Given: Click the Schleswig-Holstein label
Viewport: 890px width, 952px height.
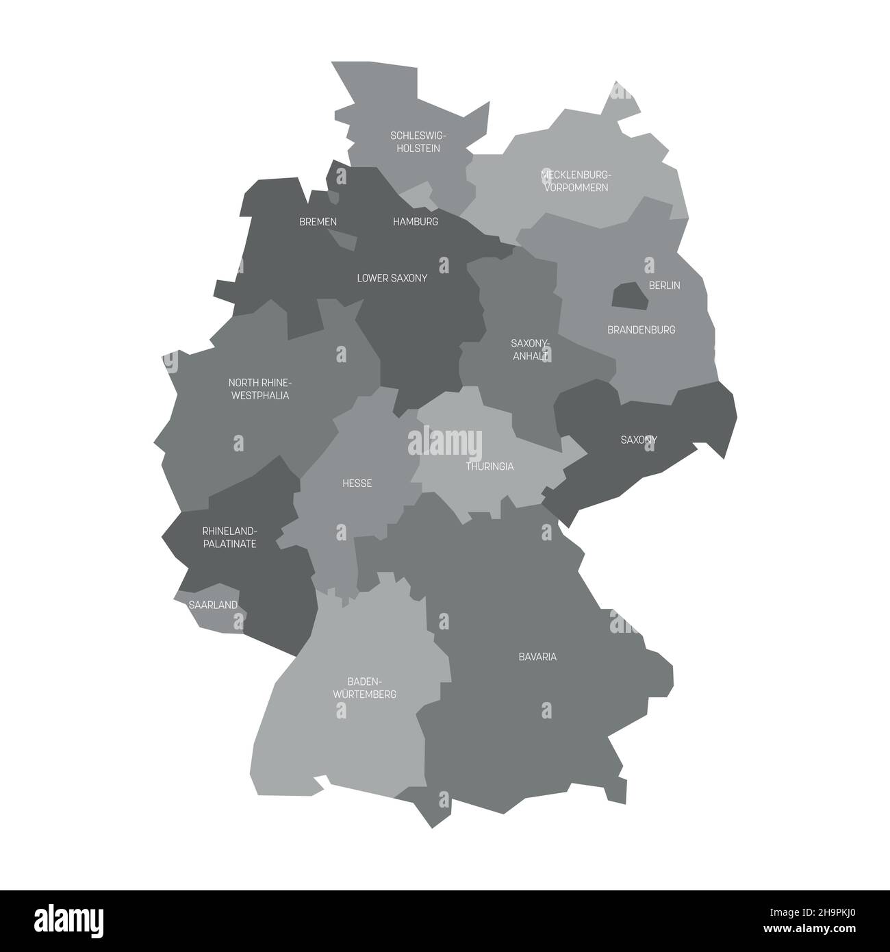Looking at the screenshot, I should pyautogui.click(x=415, y=142).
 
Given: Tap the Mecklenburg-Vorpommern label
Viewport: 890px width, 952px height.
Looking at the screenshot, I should pyautogui.click(x=575, y=181).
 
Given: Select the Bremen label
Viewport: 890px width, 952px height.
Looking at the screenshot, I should pyautogui.click(x=318, y=222).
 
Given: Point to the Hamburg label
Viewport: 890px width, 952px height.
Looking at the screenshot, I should pyautogui.click(x=416, y=222).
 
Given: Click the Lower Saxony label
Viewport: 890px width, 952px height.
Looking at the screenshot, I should pyautogui.click(x=392, y=278).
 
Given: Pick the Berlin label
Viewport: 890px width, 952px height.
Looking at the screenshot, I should pyautogui.click(x=664, y=285).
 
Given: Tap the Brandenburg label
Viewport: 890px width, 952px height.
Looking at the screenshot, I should pyautogui.click(x=641, y=329).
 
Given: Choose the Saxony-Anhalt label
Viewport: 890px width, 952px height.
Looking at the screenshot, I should pyautogui.click(x=531, y=349).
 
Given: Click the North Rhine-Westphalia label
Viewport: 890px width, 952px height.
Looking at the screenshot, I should pyautogui.click(x=259, y=389).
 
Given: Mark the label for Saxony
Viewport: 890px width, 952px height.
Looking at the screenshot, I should pyautogui.click(x=639, y=440).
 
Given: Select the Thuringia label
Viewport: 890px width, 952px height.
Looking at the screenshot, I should pyautogui.click(x=489, y=466).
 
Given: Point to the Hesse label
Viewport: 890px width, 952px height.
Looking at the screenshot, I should pyautogui.click(x=357, y=484).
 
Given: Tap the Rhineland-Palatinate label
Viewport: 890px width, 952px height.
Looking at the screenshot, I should pyautogui.click(x=229, y=538).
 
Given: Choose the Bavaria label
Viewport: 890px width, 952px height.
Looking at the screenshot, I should pyautogui.click(x=537, y=657).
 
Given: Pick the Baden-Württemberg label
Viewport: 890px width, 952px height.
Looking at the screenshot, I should pyautogui.click(x=364, y=688).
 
